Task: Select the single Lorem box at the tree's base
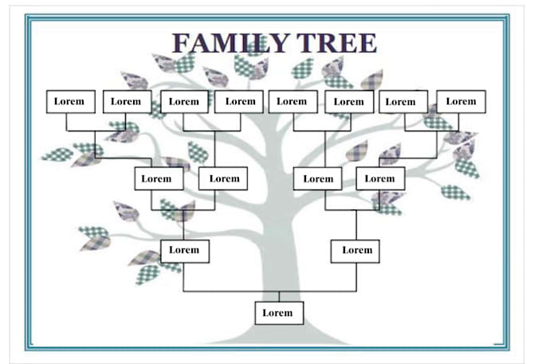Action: coord(279,313)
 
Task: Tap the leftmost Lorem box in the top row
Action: coord(71,101)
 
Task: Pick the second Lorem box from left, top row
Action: coord(128,101)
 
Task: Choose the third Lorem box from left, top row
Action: coord(184,101)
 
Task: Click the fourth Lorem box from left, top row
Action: coord(239,101)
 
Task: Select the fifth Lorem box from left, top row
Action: coord(293,101)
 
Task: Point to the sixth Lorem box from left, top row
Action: coord(349,101)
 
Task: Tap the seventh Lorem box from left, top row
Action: coord(403,101)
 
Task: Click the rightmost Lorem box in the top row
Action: coord(461,101)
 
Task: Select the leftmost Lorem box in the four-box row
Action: coord(159,178)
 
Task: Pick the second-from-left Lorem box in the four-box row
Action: coord(223,178)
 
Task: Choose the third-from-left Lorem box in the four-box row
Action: coord(318,178)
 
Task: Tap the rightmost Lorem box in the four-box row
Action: coord(380,178)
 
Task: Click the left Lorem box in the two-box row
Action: coord(185,251)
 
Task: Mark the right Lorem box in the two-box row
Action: coord(355,251)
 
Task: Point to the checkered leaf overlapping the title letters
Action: coord(257,45)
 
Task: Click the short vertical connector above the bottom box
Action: coord(279,296)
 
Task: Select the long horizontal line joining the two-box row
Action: coord(269,292)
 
